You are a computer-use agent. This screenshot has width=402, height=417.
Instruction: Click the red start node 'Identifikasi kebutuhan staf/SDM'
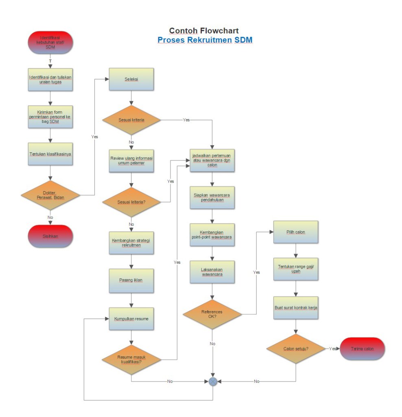coord(50,42)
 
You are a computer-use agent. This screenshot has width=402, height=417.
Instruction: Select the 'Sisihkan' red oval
coord(50,236)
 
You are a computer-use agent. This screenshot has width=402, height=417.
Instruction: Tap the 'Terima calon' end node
coord(362,349)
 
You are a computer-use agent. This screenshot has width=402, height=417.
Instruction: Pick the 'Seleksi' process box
coord(131,79)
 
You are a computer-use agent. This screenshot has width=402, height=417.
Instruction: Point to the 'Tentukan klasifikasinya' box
coord(50,154)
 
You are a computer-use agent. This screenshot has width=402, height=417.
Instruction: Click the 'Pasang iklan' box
coord(131,280)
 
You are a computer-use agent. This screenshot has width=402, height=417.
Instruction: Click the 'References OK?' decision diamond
coord(212,314)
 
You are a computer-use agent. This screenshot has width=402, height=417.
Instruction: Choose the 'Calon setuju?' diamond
coord(296,349)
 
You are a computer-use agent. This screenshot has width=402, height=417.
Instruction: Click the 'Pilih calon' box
coord(296,232)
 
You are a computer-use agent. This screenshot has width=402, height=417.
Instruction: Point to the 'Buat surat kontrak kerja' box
coord(296,308)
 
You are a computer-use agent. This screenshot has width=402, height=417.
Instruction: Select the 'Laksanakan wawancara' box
coord(212,272)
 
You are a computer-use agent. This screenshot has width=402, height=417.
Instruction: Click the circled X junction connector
coord(212,382)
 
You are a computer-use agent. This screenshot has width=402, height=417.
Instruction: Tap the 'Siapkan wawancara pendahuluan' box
coord(212,198)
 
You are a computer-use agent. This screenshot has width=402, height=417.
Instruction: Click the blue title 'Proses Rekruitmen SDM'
coord(205,40)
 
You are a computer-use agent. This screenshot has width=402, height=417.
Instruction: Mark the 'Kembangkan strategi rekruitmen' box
coord(131,243)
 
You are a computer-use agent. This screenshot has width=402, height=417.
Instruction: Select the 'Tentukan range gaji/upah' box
coord(296,269)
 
